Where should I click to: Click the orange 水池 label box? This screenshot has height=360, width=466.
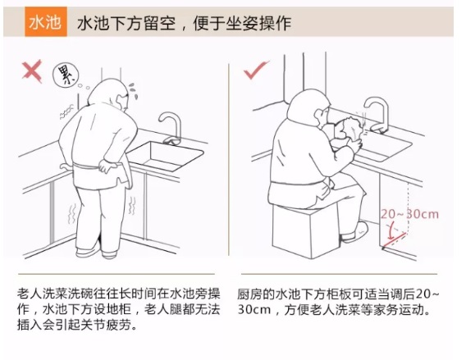pos(46,21)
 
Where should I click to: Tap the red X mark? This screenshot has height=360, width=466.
pos(32,71)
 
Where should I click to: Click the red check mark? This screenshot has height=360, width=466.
pos(256,70)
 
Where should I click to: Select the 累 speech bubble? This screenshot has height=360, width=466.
pos(66,75)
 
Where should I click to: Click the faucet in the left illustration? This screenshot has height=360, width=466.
pos(171,128)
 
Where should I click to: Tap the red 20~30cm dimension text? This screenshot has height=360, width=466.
pos(409,214)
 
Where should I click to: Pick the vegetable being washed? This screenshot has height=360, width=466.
pos(349,128)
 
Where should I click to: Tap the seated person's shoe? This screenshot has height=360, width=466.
pos(354,232)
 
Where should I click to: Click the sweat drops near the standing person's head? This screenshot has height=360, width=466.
pos(133,91)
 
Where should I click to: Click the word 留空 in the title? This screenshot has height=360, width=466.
pos(160,23)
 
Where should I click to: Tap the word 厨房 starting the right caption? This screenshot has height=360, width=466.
pos(250,294)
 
